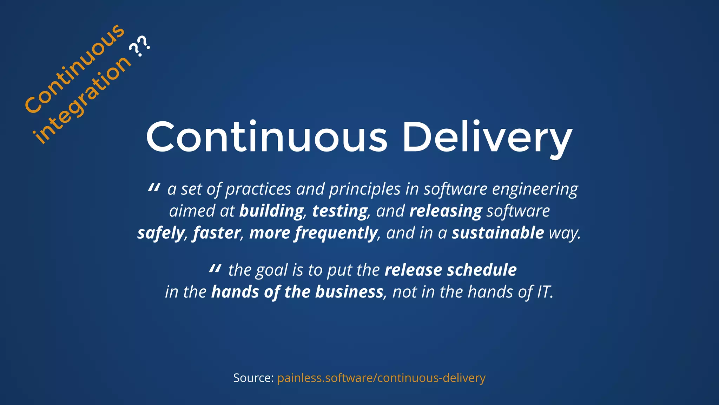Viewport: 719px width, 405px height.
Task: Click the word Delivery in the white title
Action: coord(487,138)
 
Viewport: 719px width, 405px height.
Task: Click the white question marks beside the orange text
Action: coord(140,46)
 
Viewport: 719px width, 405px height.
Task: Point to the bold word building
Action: coord(271,211)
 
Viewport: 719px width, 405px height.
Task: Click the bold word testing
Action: coord(339,211)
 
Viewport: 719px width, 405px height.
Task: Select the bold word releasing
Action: coord(446,211)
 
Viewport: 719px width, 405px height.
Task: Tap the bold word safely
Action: coord(160,233)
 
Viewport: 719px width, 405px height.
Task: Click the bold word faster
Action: coord(217,233)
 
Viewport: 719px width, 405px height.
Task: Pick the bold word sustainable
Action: coord(497,233)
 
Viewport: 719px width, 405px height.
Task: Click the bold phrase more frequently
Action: coord(313,233)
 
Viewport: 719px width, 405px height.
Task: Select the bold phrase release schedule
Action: coord(450,270)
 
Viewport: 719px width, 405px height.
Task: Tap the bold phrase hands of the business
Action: coord(297,292)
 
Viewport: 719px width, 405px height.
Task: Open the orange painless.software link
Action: coord(381,378)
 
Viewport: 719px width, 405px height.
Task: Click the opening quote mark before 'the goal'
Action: coord(215,269)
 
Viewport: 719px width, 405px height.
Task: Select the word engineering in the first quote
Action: coord(535,189)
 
